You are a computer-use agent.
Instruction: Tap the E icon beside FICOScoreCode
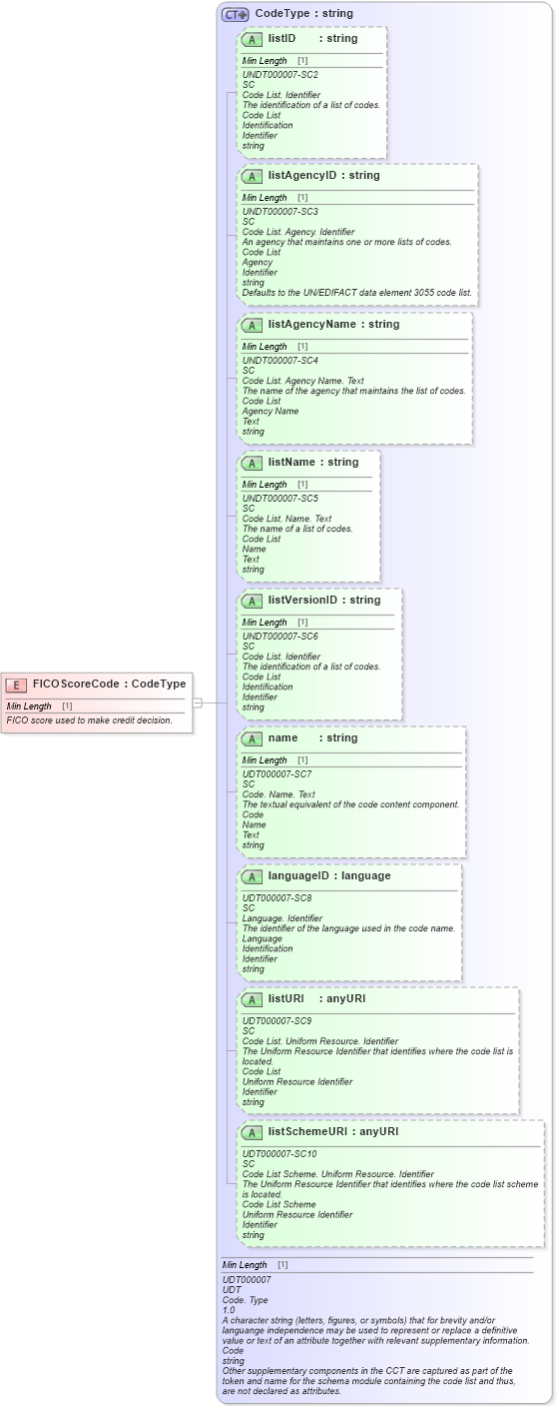16,685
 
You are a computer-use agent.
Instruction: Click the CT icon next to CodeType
235,14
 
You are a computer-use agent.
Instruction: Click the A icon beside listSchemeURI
252,1132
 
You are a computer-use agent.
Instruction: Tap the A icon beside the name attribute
252,738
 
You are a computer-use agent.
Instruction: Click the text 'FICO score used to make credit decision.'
89,719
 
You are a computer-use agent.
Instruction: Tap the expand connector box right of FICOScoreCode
198,703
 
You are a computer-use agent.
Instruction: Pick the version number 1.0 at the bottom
229,1309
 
